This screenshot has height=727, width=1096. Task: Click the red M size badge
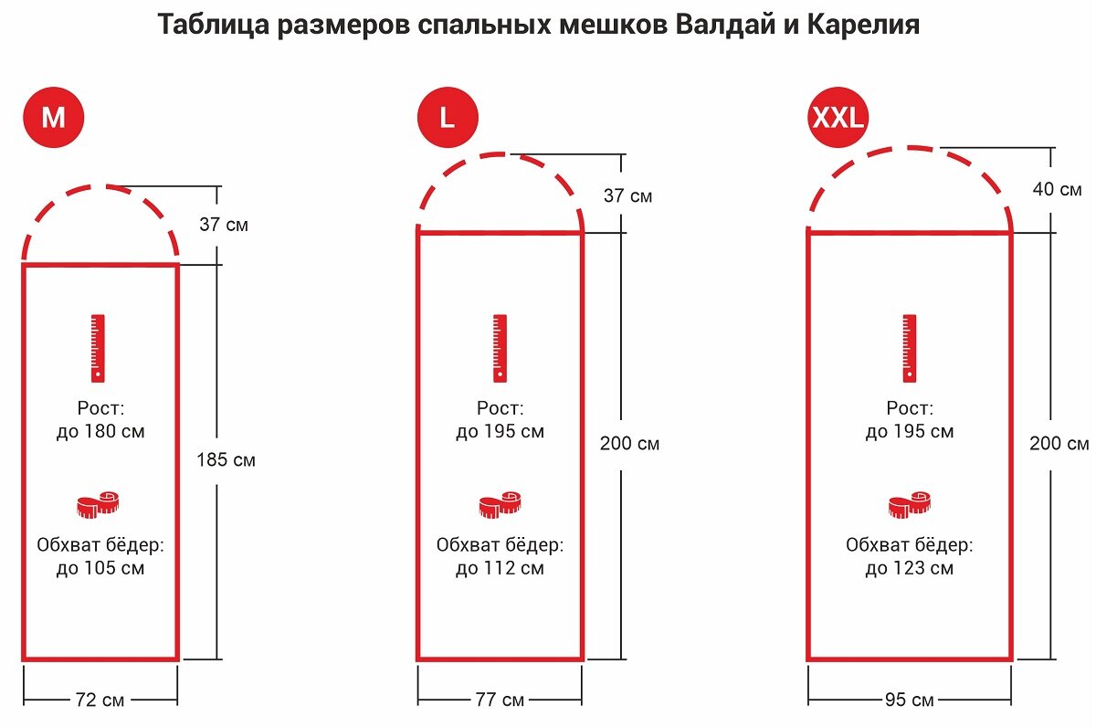54,118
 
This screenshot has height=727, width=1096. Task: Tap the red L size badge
448,118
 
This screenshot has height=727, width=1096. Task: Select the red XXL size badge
838,118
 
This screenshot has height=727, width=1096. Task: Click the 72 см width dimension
100,701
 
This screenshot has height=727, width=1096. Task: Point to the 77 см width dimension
500,701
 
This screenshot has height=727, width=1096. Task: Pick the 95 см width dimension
909,701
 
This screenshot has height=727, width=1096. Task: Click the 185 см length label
226,460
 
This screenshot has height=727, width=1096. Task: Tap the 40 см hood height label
1057,190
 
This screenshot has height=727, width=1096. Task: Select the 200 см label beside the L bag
629,444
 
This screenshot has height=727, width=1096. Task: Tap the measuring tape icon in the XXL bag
910,504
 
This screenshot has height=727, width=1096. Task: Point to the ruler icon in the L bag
500,348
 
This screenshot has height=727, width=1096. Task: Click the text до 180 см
100,431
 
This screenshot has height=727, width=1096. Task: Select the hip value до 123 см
910,568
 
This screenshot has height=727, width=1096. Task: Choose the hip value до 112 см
500,568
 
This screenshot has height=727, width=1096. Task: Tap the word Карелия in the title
863,25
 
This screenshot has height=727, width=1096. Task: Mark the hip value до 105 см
100,568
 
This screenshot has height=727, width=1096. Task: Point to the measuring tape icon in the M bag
99,504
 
